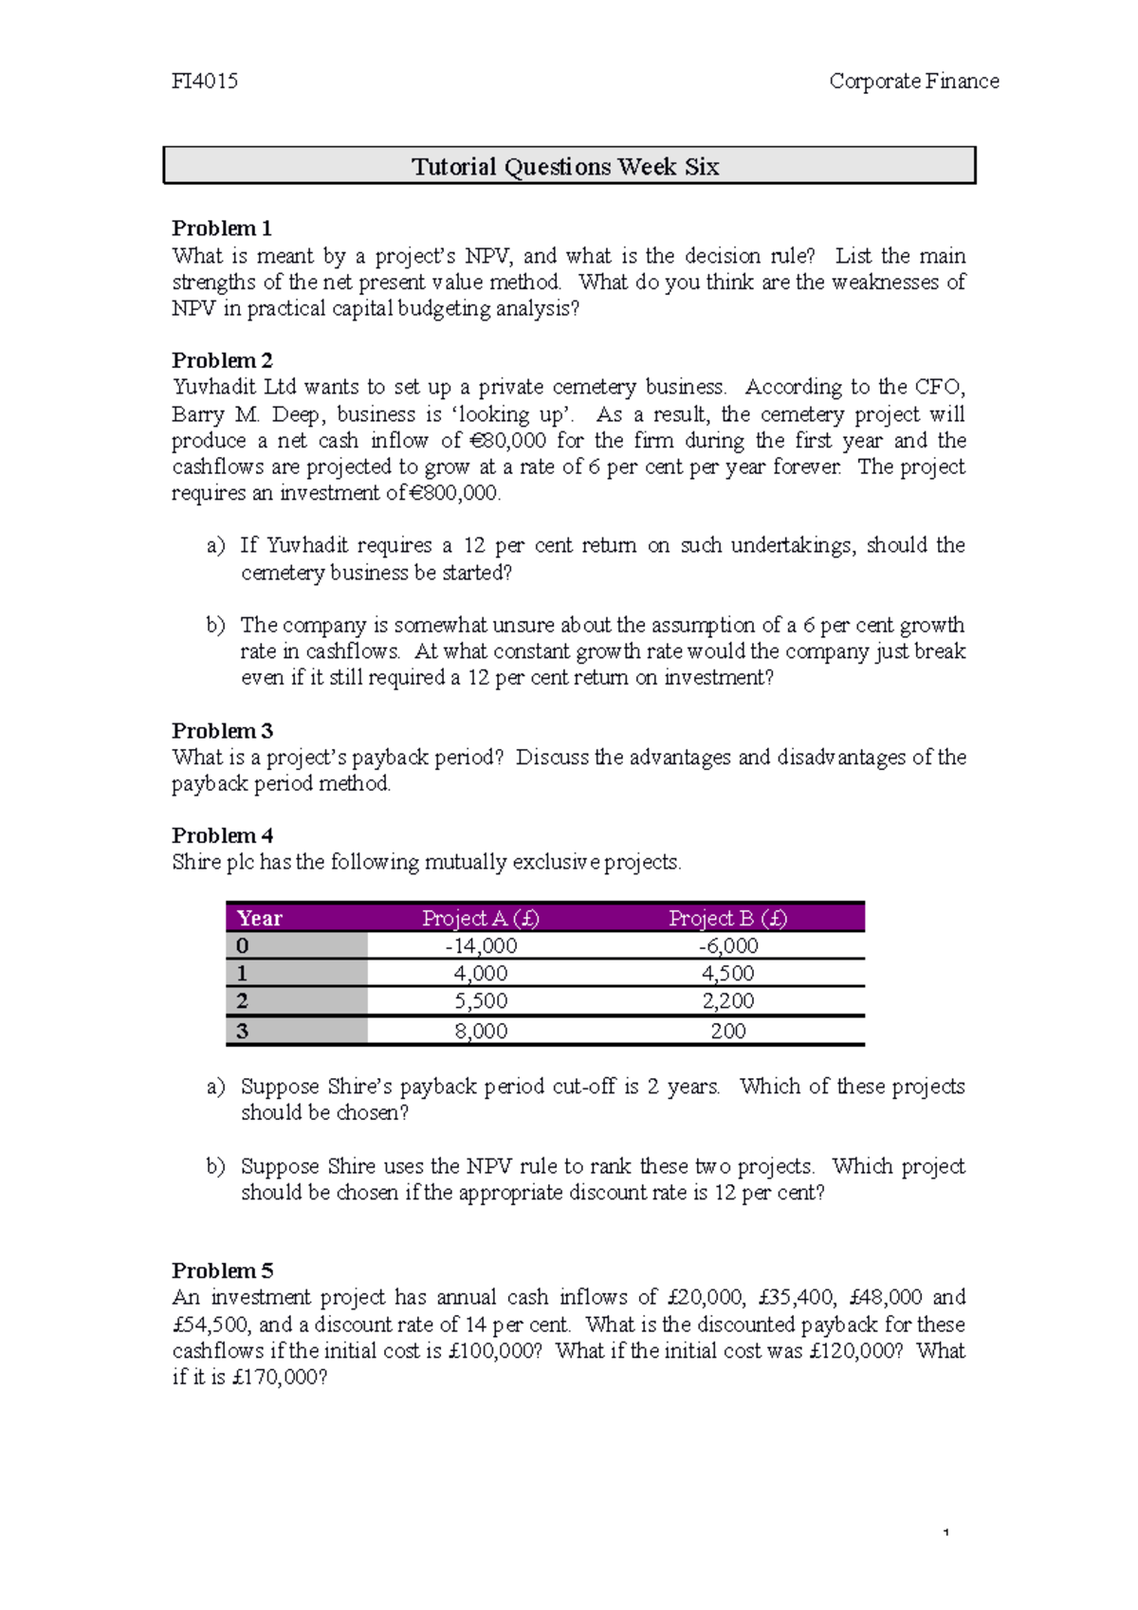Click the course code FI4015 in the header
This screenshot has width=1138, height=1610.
click(x=205, y=82)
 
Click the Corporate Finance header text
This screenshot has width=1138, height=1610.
click(x=913, y=82)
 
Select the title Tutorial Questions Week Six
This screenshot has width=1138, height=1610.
click(x=565, y=167)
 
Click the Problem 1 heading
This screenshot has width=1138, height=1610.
click(x=222, y=229)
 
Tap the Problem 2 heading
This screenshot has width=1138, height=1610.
click(x=222, y=360)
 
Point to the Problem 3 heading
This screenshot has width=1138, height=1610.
click(x=222, y=731)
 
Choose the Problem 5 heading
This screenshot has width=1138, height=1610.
click(x=222, y=1271)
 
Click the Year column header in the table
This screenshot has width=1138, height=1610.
click(x=260, y=918)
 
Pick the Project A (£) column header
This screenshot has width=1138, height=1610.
click(x=481, y=918)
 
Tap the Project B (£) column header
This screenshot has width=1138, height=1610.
click(x=727, y=918)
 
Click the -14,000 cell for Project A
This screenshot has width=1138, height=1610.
click(x=481, y=946)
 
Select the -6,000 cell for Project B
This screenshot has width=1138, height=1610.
click(x=727, y=946)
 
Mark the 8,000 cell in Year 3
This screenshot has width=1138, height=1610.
click(x=481, y=1032)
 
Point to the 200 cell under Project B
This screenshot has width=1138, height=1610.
click(x=727, y=1032)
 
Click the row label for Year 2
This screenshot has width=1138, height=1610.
click(x=243, y=1001)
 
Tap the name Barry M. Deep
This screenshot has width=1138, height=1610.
click(x=247, y=414)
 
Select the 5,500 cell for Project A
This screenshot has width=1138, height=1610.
click(x=481, y=1001)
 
